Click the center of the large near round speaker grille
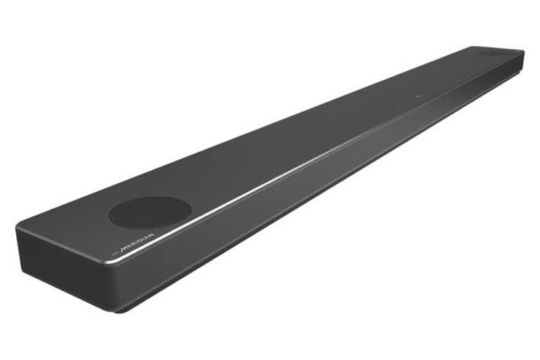coord(150,213)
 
